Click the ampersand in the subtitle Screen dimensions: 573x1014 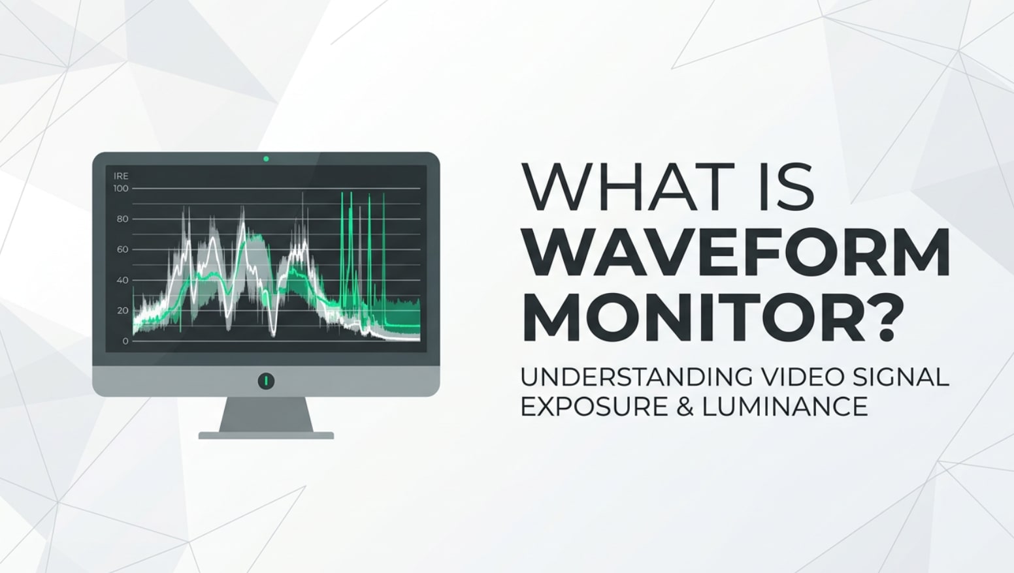pos(685,407)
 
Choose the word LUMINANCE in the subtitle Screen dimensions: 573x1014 pos(785,407)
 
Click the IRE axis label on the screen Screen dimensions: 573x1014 pos(121,176)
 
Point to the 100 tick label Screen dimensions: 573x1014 pos(121,189)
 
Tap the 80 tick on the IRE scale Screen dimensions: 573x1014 pos(122,219)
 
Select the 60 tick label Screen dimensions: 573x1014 pos(122,249)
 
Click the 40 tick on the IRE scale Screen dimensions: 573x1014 pos(122,280)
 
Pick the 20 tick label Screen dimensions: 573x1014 pos(122,311)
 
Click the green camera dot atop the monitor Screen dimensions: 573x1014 pos(266,159)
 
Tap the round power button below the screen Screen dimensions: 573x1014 pos(266,380)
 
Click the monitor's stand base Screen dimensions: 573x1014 pos(266,435)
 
